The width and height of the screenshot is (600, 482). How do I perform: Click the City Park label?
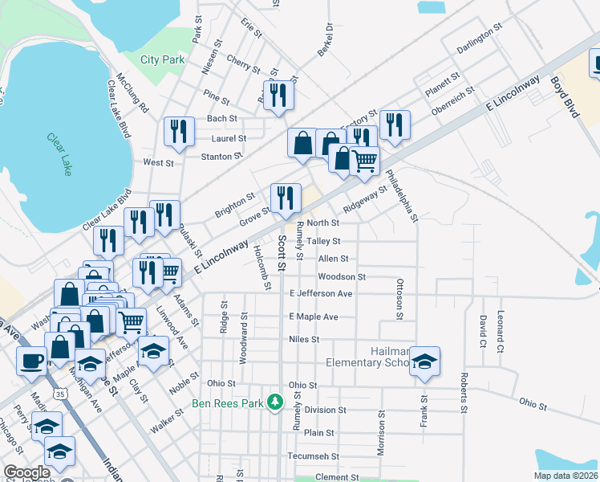click(162, 59)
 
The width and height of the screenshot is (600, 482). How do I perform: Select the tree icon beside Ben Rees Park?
click(275, 400)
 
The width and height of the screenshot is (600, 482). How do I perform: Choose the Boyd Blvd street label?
click(564, 97)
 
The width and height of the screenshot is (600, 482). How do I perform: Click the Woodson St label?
click(342, 277)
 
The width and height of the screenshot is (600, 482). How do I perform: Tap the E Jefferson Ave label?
click(321, 294)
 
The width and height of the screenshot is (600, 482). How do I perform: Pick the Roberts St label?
click(464, 387)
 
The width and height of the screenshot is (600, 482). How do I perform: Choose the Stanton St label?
click(221, 156)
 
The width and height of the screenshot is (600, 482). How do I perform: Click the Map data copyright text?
click(566, 476)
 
